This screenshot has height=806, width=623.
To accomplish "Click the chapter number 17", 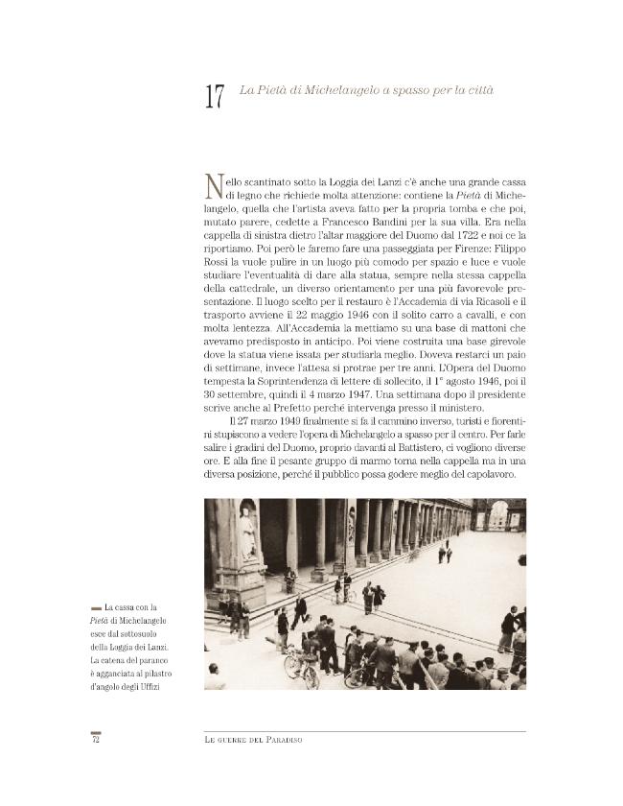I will (x=214, y=97).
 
